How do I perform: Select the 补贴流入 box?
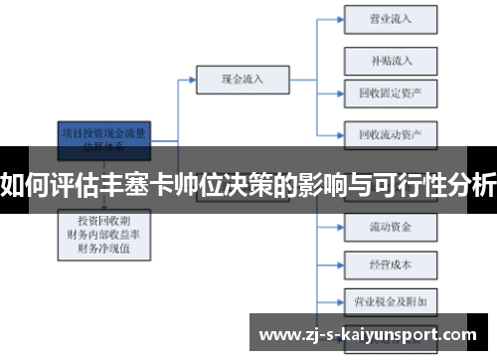coord(390,60)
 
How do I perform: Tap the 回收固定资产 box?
coord(390,92)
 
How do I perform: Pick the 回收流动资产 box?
coord(390,132)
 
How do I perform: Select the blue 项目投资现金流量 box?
coord(104,136)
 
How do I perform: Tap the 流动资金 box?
coord(390,228)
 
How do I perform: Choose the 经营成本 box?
coord(390,266)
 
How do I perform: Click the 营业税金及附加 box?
coord(390,299)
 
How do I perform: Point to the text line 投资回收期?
coord(103,218)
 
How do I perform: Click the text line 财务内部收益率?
coord(103,233)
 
